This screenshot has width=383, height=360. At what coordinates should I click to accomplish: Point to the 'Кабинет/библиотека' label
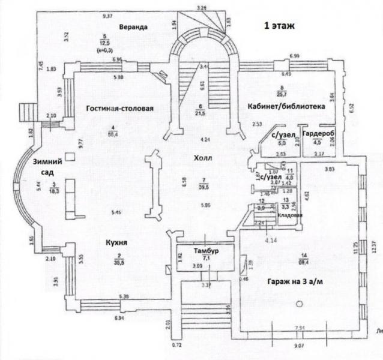click(286, 106)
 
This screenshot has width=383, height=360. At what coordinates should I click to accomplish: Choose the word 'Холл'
click(204, 158)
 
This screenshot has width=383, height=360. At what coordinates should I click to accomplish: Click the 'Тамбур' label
click(205, 250)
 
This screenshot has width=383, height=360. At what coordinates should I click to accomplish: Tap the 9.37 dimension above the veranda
click(108, 14)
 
